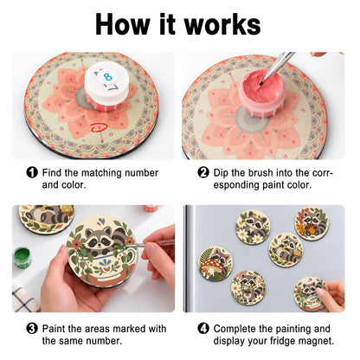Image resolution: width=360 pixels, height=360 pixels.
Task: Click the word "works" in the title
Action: tap(222, 24)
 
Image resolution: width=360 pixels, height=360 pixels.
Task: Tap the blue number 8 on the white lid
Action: tap(107, 77)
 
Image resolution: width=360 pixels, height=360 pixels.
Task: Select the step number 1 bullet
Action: tap(32, 172)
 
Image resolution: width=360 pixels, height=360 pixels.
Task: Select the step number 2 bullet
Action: tap(203, 172)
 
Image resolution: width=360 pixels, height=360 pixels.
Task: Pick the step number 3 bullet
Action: tap(32, 329)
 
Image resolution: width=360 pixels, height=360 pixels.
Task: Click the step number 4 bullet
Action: tap(203, 329)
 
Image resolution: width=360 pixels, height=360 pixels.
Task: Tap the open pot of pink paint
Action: tap(261, 88)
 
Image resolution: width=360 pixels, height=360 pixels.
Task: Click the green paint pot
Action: tap(22, 257)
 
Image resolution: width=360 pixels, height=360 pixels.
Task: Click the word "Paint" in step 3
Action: tap(55, 329)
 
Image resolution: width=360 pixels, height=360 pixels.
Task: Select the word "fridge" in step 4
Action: tap(280, 341)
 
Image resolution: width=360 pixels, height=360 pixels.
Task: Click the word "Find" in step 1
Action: tap(52, 173)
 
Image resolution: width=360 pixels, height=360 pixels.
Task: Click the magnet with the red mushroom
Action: tap(215, 263)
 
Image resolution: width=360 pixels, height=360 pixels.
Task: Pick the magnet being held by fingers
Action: tap(310, 293)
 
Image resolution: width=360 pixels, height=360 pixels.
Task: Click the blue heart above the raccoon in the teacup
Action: tap(101, 222)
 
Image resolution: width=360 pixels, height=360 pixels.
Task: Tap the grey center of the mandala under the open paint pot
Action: tap(250, 120)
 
